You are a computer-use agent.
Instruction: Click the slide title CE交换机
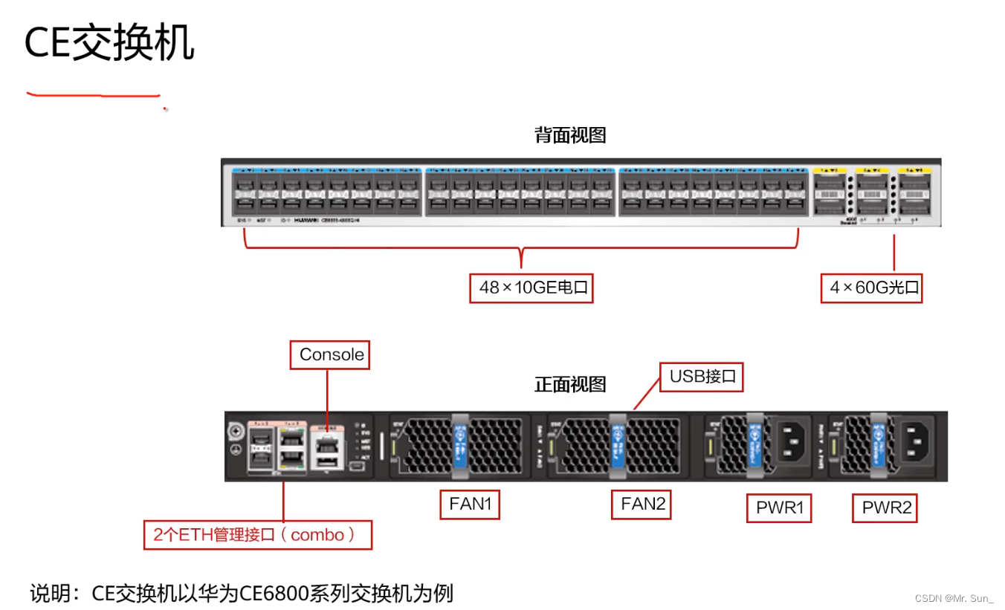pyautogui.click(x=109, y=44)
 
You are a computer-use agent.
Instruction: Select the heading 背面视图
pyautogui.click(x=570, y=135)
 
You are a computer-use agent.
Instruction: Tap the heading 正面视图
pyautogui.click(x=570, y=384)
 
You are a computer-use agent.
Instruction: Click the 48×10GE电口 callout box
pyautogui.click(x=531, y=288)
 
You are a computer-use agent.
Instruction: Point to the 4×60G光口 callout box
pyautogui.click(x=871, y=288)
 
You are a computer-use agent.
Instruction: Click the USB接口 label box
pyautogui.click(x=702, y=377)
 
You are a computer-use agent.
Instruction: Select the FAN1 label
pyautogui.click(x=470, y=504)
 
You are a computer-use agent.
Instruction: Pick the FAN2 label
pyautogui.click(x=642, y=504)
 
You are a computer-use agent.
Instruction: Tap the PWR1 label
pyautogui.click(x=779, y=509)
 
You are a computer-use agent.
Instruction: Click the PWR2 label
pyautogui.click(x=885, y=509)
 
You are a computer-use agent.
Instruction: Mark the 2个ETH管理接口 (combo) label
pyautogui.click(x=257, y=535)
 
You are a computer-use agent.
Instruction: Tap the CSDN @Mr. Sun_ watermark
pyautogui.click(x=954, y=598)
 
